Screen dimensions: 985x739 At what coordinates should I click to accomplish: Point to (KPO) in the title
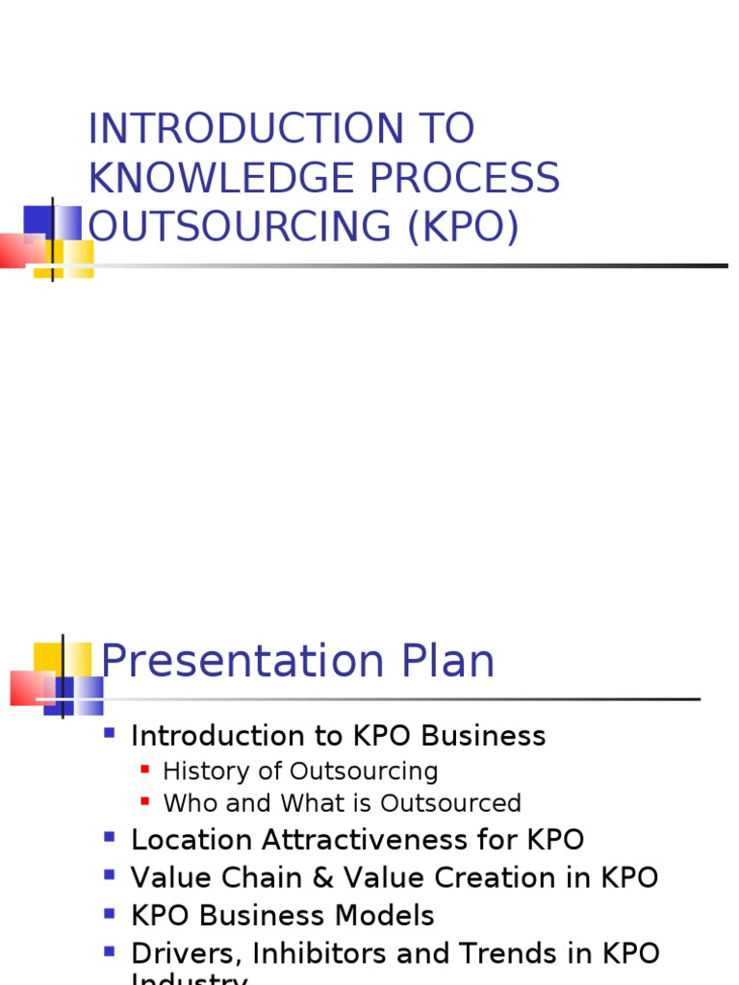tap(463, 227)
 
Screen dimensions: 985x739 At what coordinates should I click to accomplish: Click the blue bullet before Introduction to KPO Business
tap(109, 734)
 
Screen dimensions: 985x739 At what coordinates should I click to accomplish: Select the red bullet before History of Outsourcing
tap(145, 770)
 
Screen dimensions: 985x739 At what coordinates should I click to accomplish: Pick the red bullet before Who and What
tap(145, 800)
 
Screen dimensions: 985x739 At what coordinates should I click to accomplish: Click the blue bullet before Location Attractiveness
tap(109, 838)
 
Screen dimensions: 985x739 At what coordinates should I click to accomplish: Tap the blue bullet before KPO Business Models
tap(109, 913)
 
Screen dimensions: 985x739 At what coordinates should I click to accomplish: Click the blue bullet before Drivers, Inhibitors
tap(109, 951)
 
